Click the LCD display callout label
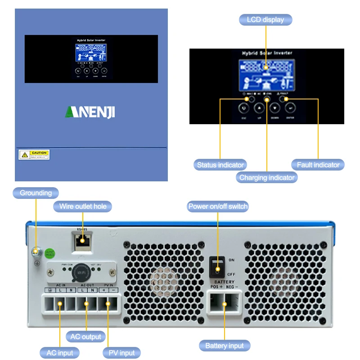coord(265,20)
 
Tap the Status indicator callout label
coord(220,165)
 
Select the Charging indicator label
coord(267,177)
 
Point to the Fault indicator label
coord(318,165)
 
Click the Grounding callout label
coord(36,193)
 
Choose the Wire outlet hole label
coord(83,207)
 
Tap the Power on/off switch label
coord(218,207)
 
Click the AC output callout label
coord(86,337)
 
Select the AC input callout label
coord(60,353)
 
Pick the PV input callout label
coord(121,353)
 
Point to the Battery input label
coord(224,346)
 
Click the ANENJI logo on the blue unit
coord(90,112)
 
